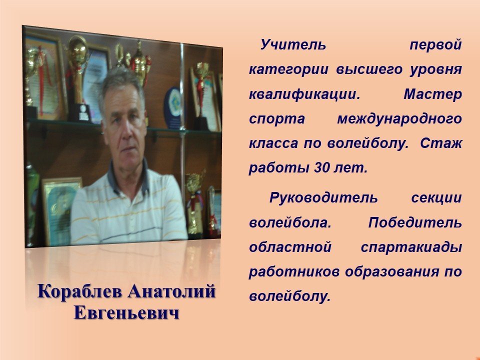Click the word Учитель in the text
click(293, 44)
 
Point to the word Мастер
click(433, 94)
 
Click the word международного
click(399, 119)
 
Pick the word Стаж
click(441, 143)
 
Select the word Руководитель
click(323, 198)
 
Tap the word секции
click(436, 198)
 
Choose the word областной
click(290, 247)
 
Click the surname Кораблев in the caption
click(80, 291)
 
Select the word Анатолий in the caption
click(171, 291)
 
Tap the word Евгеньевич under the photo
click(126, 313)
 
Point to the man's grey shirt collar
click(128, 180)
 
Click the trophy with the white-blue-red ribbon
click(194, 202)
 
